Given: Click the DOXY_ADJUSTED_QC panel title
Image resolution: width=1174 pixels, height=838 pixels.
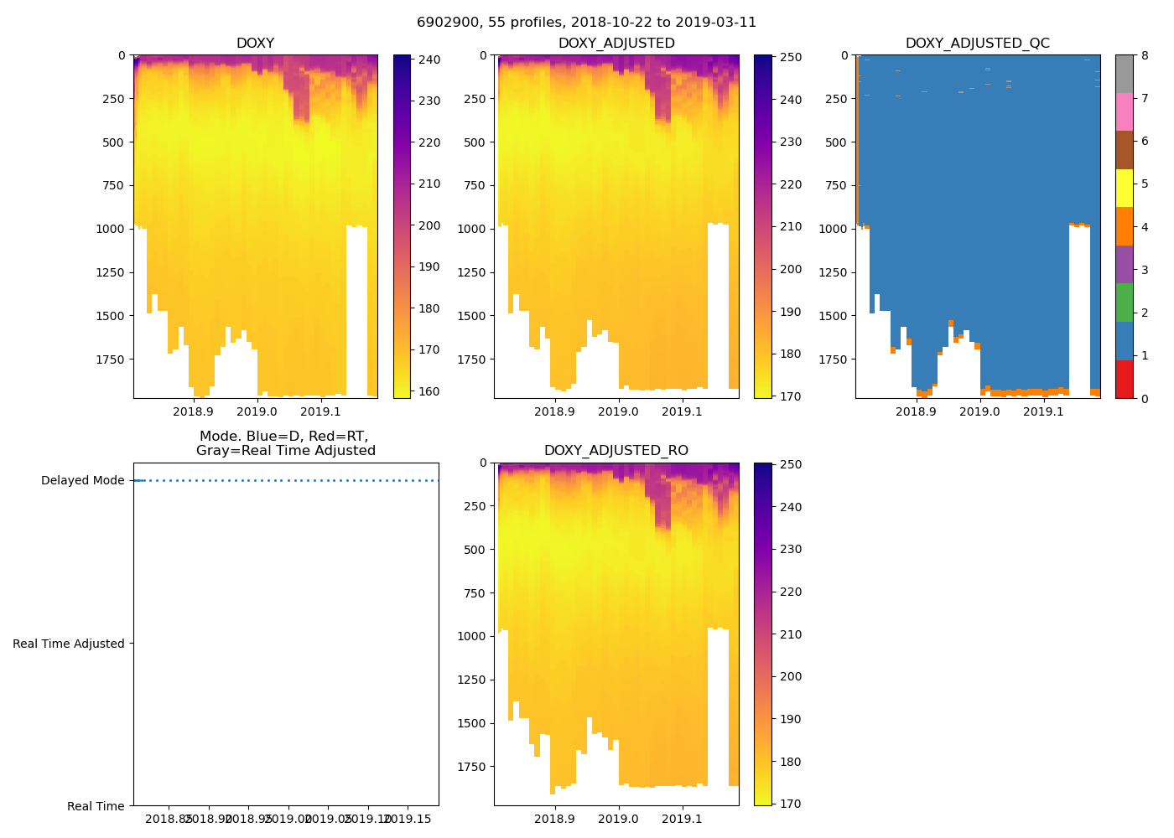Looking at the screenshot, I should [x=977, y=44].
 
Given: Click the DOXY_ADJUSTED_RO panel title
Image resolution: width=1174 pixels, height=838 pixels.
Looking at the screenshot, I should [x=616, y=451].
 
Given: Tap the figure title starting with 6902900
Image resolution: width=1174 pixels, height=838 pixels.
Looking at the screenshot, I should [x=586, y=23].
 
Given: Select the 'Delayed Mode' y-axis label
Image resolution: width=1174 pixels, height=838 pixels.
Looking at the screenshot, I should [x=82, y=481].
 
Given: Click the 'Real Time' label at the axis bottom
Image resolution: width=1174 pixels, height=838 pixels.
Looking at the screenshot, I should [x=96, y=806].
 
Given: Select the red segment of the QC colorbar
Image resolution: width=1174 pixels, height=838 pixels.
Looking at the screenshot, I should [x=1124, y=380].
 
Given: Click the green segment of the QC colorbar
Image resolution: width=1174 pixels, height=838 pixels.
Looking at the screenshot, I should [x=1124, y=303].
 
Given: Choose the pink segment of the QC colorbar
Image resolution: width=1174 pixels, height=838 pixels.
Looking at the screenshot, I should [x=1124, y=112].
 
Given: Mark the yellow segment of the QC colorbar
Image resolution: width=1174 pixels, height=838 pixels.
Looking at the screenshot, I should [x=1124, y=189].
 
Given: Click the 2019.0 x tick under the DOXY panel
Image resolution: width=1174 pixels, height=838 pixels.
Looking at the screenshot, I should [x=257, y=411].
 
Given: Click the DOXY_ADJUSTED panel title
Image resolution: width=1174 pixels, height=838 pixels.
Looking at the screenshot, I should [x=616, y=44].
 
